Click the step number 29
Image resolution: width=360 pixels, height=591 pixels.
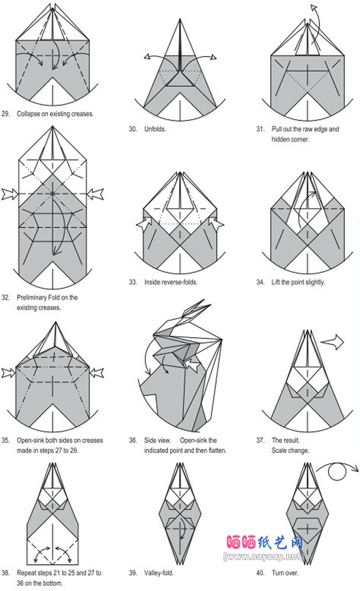(6, 114)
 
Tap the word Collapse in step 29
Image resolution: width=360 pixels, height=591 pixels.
(29, 114)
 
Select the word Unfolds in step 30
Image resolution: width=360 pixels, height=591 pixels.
(154, 129)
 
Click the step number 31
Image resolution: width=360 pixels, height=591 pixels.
(261, 129)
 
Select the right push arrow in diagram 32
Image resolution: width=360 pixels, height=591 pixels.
(96, 194)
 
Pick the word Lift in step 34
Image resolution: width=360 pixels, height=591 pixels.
(276, 282)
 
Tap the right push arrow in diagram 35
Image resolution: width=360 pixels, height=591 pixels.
(96, 373)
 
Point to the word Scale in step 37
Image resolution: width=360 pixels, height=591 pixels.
(279, 450)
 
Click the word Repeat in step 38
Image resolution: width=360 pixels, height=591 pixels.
(26, 573)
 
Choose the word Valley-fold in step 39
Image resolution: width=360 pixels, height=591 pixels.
(158, 573)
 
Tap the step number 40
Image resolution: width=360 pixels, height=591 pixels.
(261, 573)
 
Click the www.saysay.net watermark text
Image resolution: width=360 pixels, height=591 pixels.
(263, 556)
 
